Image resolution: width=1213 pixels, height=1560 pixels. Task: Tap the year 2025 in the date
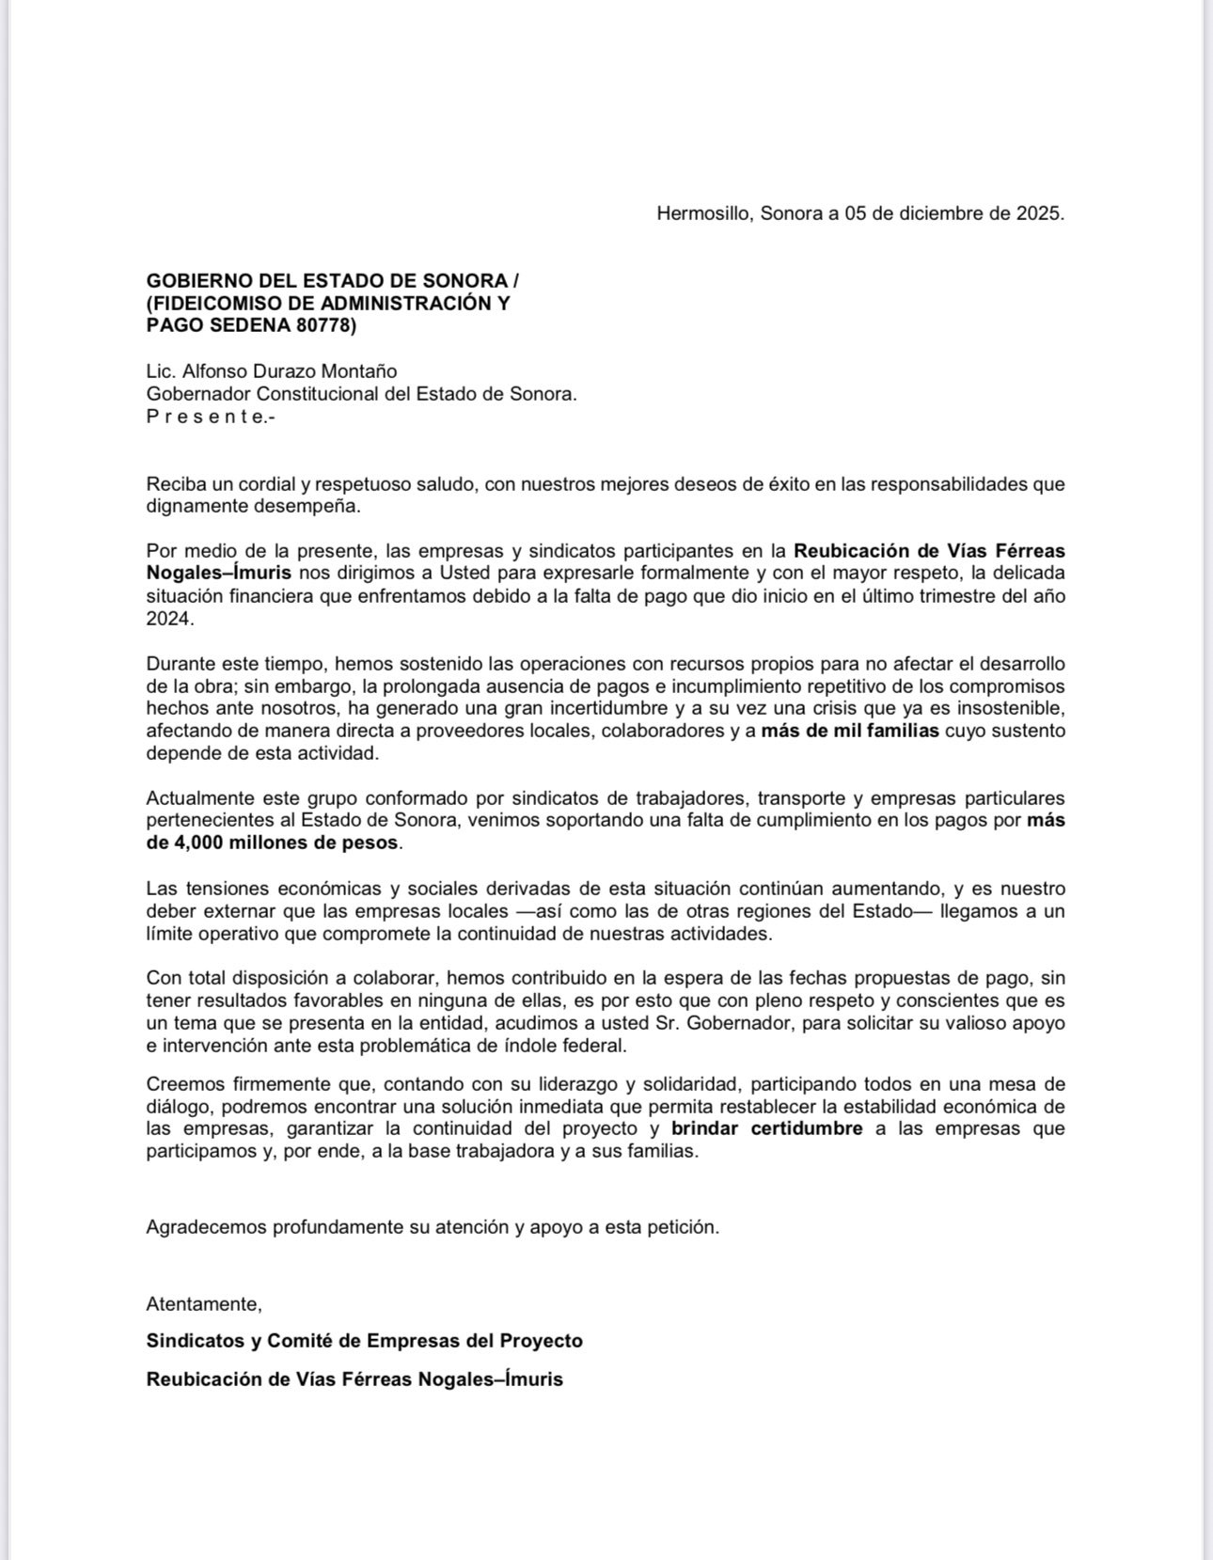click(x=1039, y=213)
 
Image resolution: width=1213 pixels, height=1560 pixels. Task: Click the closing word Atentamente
click(x=203, y=1304)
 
